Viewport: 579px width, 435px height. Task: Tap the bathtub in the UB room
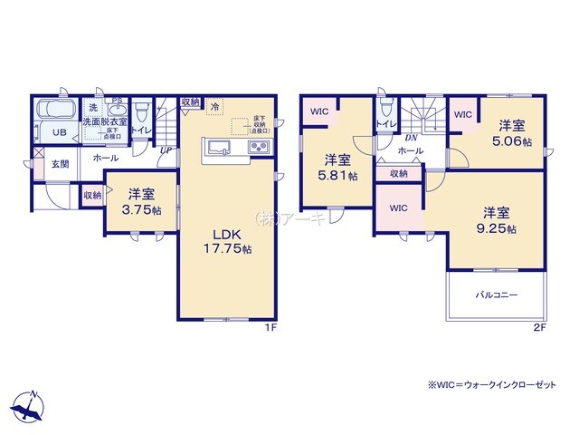(x=57, y=113)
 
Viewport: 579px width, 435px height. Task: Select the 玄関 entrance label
(x=60, y=164)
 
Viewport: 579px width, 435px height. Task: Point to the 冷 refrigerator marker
(x=214, y=107)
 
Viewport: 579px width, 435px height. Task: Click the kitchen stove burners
(x=259, y=148)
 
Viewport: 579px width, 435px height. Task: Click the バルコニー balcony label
(x=496, y=295)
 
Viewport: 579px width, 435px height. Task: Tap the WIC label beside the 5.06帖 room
(x=462, y=114)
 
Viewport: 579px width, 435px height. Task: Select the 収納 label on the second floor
(x=399, y=173)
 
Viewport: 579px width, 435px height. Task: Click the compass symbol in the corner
(x=29, y=407)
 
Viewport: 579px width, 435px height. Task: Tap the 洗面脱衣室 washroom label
(x=103, y=121)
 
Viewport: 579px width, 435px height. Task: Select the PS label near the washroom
(x=116, y=101)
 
